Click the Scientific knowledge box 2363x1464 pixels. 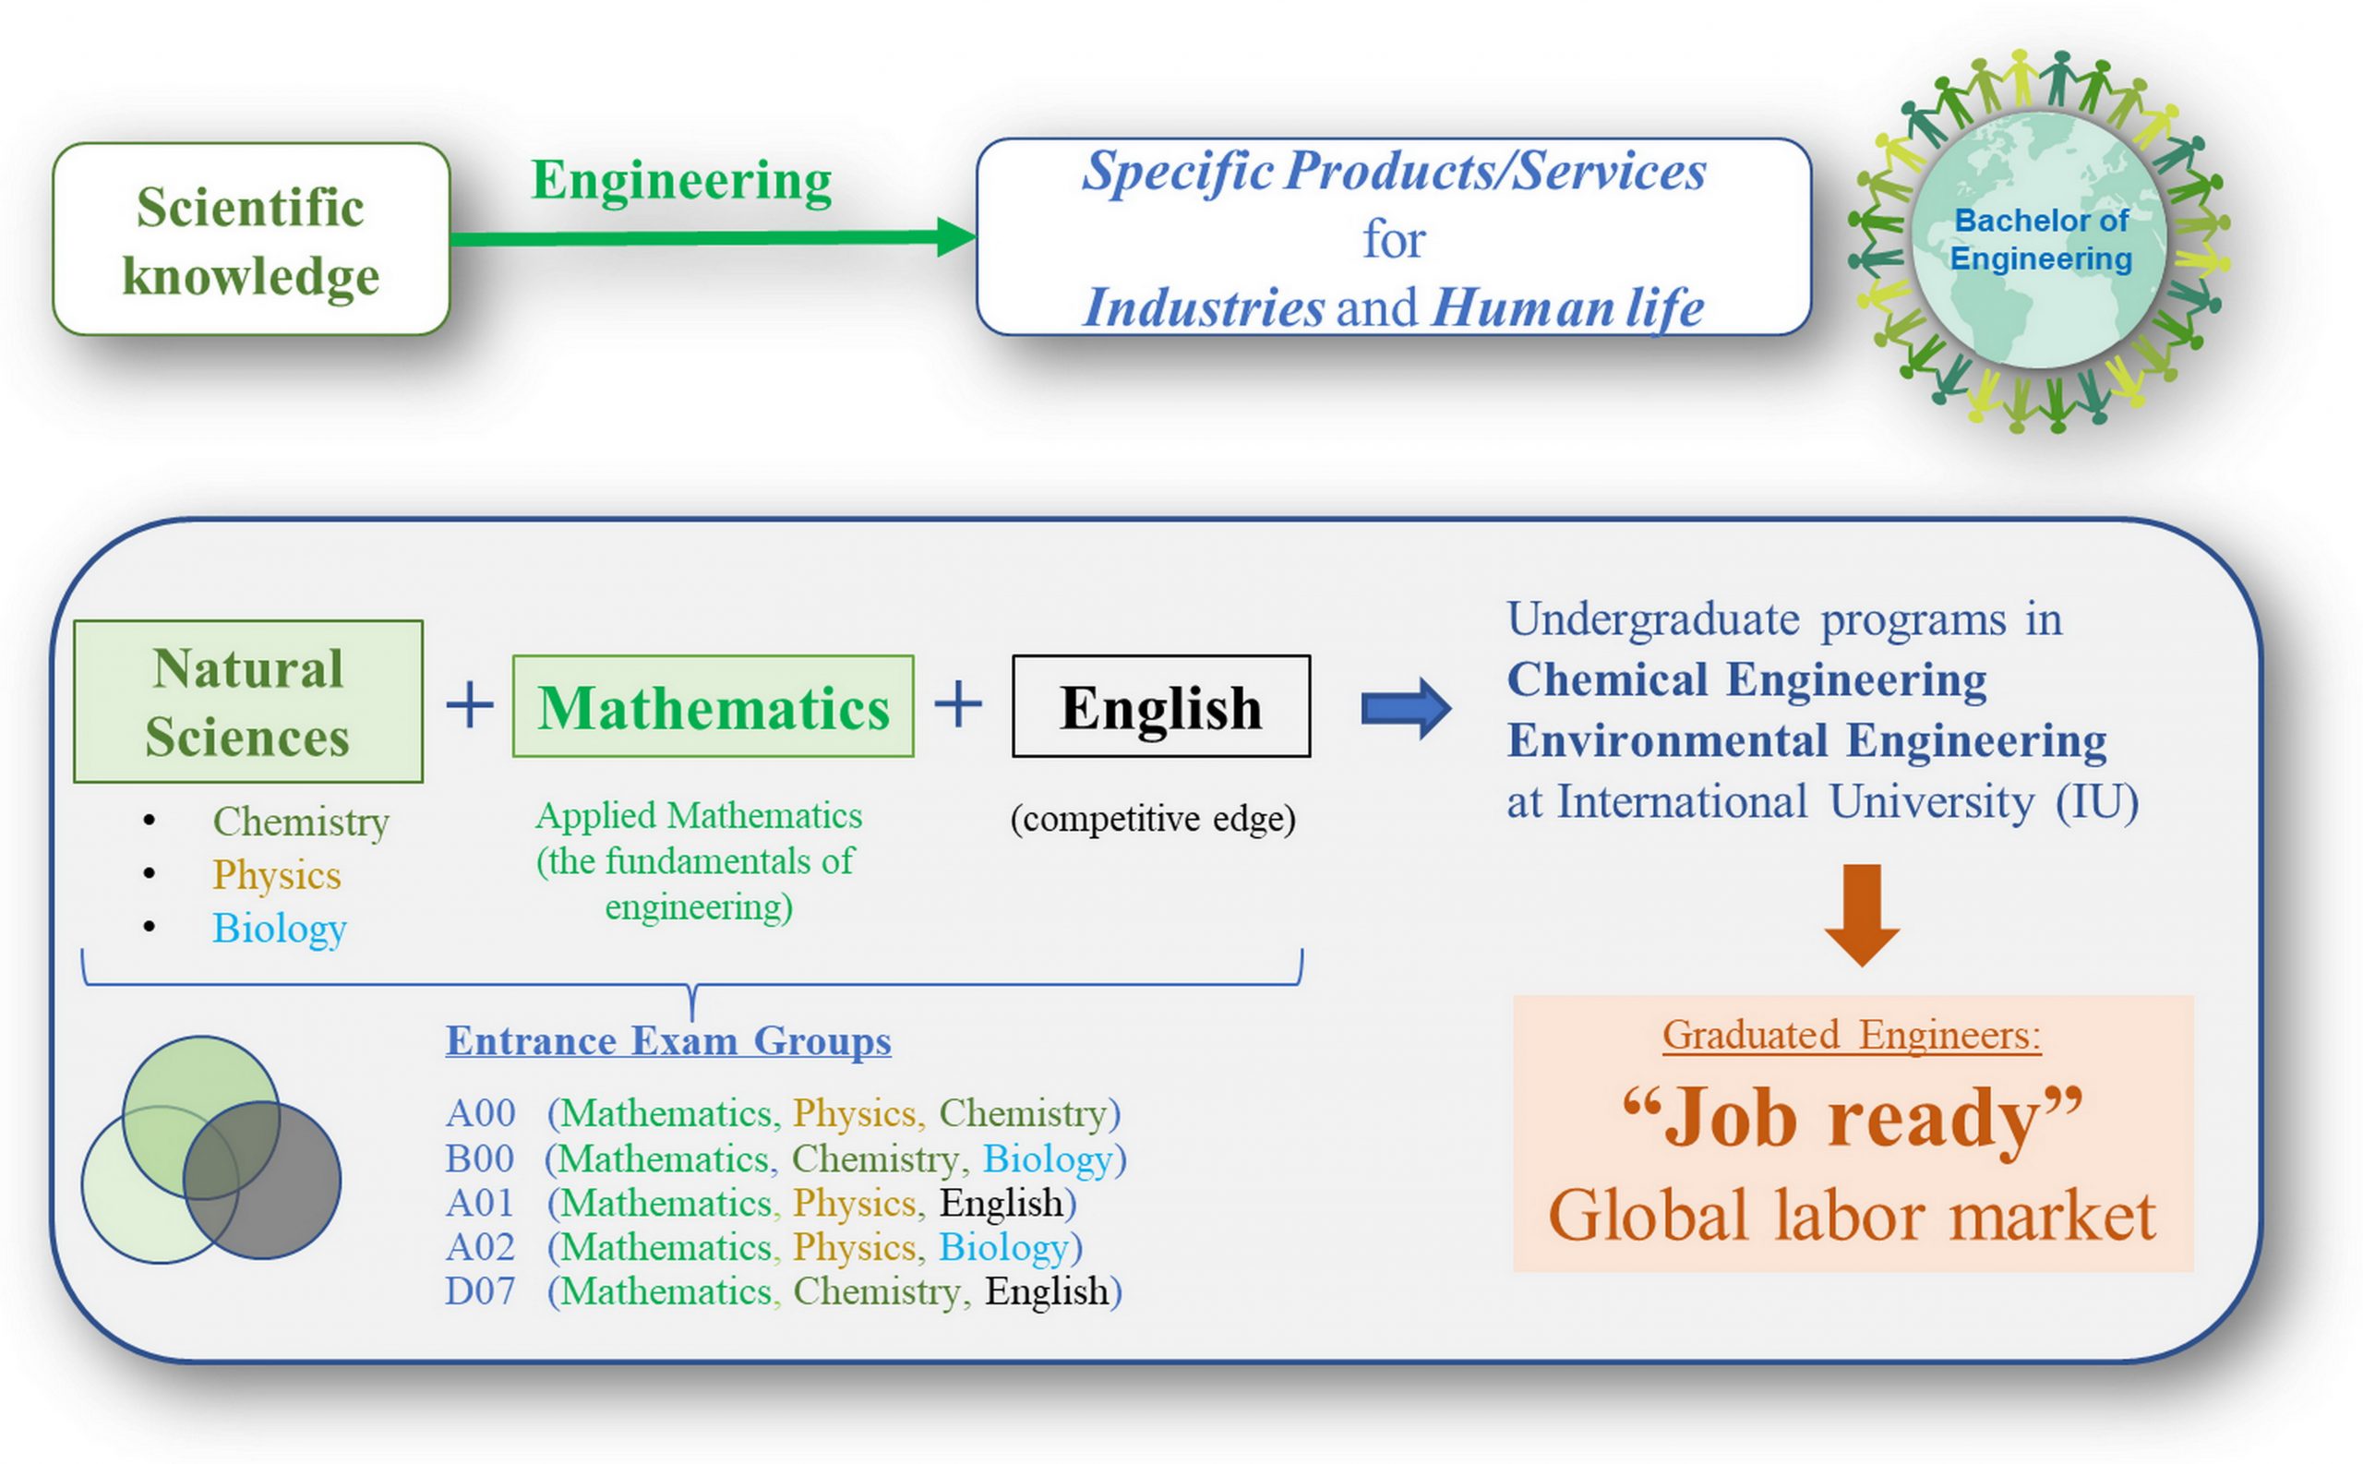click(x=251, y=239)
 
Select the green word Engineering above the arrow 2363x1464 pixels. click(x=681, y=181)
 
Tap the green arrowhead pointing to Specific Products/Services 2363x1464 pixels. click(x=956, y=237)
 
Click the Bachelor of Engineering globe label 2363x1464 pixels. click(x=2041, y=239)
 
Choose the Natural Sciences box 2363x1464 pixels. click(x=247, y=701)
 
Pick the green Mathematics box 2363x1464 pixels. click(x=713, y=706)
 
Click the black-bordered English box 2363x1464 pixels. click(x=1160, y=706)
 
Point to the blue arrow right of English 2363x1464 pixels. click(x=1406, y=709)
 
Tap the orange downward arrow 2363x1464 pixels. click(x=1862, y=915)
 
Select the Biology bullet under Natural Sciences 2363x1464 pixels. click(x=279, y=929)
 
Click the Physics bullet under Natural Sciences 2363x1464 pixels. click(x=277, y=875)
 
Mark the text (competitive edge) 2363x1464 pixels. click(x=1153, y=819)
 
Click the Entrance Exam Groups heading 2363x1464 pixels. click(x=668, y=1041)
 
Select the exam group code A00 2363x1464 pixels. click(x=480, y=1113)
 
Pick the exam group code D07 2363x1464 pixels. click(x=480, y=1291)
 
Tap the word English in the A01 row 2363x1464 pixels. click(x=1002, y=1204)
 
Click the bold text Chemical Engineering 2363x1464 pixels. click(x=1746, y=679)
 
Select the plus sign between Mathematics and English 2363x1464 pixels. click(x=958, y=704)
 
